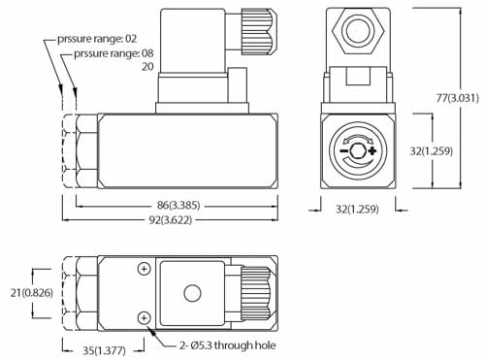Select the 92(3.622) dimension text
click(170, 220)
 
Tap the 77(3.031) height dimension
click(457, 98)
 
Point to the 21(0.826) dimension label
click(32, 293)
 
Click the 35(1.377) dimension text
click(104, 350)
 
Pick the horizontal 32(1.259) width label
click(357, 209)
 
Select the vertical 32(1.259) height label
click(432, 150)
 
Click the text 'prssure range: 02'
click(97, 39)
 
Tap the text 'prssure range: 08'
click(113, 53)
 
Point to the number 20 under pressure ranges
click(147, 67)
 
